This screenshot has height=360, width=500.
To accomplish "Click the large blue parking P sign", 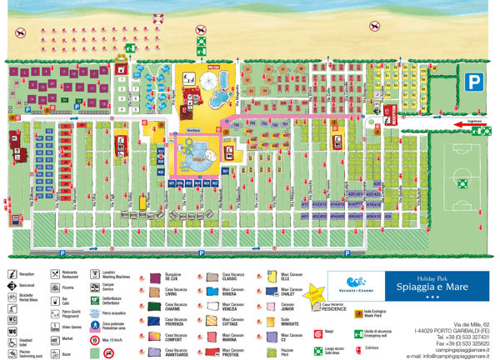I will (x=472, y=81).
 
